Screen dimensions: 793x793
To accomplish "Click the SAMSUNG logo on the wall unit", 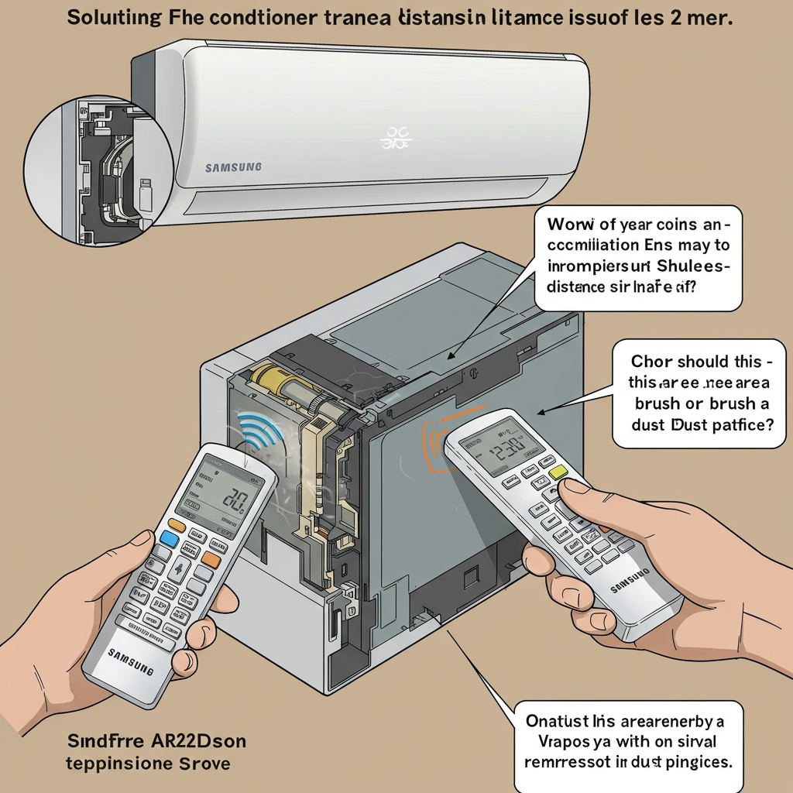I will point(233,166).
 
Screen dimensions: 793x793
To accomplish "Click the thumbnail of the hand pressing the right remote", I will point(575,491).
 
